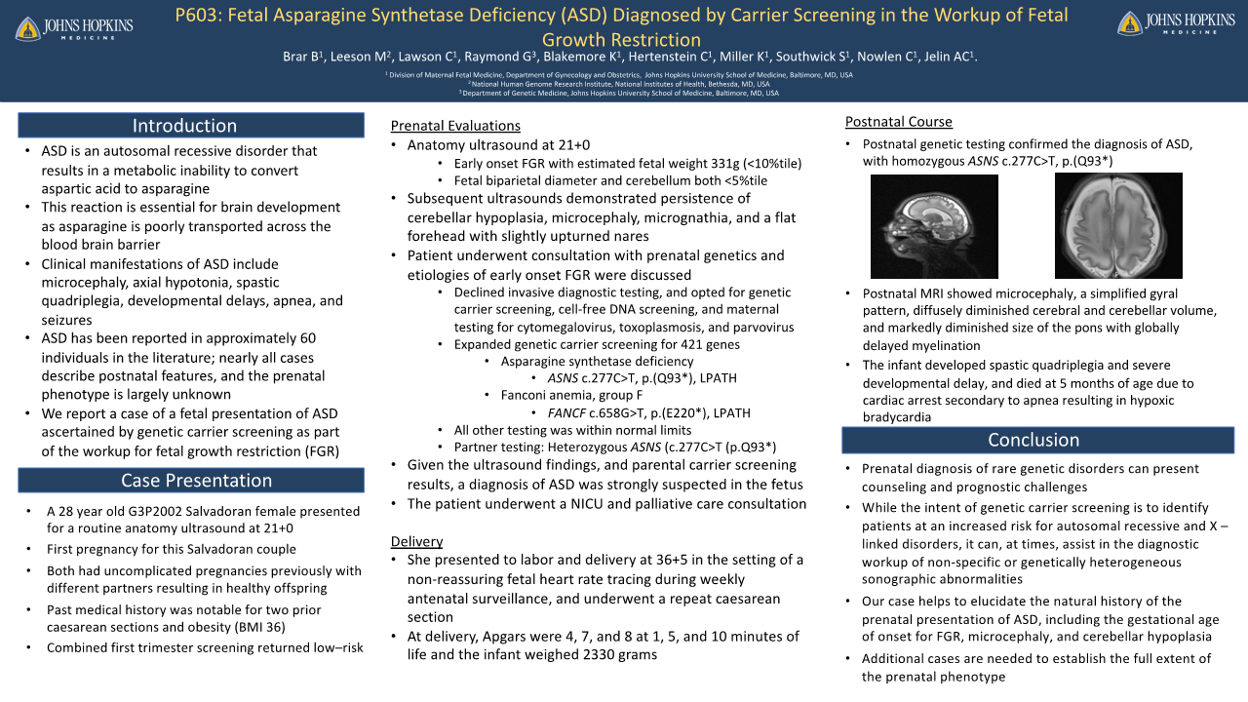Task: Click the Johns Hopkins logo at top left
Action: (x=74, y=26)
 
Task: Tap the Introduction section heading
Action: (x=185, y=126)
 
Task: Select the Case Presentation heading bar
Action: (x=190, y=480)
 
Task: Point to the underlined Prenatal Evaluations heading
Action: (x=455, y=126)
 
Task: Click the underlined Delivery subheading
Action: (x=416, y=541)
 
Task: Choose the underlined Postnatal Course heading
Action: (x=898, y=122)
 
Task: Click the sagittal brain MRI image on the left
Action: (x=934, y=227)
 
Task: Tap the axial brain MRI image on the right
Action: (x=1118, y=226)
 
